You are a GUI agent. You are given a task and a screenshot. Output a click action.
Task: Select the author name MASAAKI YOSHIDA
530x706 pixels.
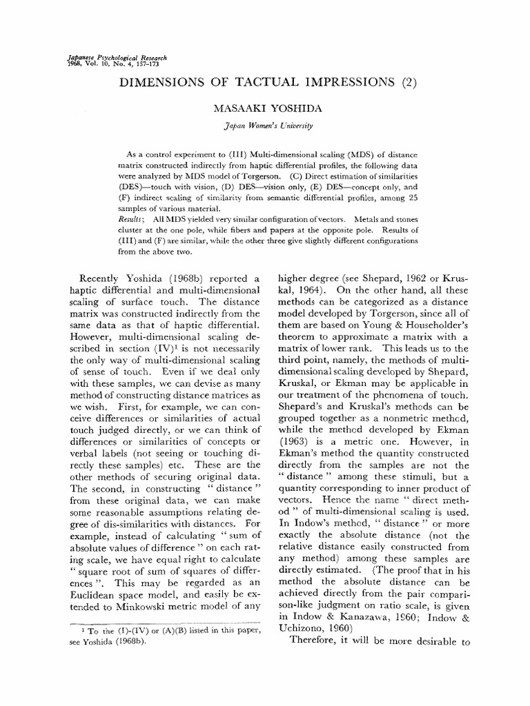pyautogui.click(x=264, y=108)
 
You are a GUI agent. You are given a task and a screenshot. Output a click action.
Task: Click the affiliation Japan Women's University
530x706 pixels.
pyautogui.click(x=264, y=125)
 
